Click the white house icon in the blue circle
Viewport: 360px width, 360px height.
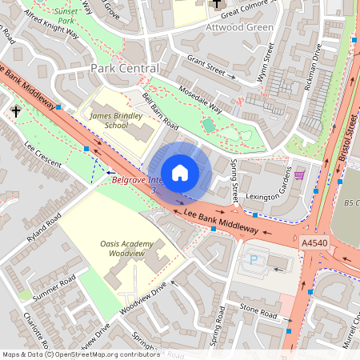point(180,172)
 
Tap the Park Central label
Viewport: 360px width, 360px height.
point(124,69)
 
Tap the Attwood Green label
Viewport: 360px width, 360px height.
point(239,26)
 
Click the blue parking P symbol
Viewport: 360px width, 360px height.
point(254,260)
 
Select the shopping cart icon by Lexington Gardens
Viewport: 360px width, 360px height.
point(299,174)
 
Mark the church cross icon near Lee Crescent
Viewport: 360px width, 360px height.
point(16,111)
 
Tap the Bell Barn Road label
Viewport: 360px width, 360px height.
point(160,111)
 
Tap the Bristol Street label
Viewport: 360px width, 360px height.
point(350,136)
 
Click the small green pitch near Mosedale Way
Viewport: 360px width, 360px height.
point(209,125)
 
